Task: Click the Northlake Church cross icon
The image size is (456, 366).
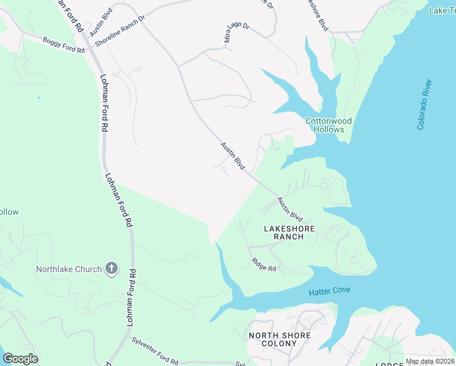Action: [x=111, y=268]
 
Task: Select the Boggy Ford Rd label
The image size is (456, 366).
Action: [x=63, y=45]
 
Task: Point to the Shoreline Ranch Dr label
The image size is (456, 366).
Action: [x=116, y=28]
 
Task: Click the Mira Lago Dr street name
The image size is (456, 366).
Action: [x=237, y=34]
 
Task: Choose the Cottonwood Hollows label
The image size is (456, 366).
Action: [x=329, y=125]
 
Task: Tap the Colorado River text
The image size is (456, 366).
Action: [x=424, y=104]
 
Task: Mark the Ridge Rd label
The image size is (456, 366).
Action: [x=264, y=265]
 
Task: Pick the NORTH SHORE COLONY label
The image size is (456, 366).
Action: [x=280, y=339]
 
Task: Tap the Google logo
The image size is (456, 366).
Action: [x=20, y=359]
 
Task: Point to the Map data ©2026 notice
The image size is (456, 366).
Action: [x=430, y=361]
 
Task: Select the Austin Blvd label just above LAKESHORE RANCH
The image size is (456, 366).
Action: [x=290, y=209]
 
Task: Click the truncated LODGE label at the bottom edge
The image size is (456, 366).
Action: [x=390, y=364]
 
